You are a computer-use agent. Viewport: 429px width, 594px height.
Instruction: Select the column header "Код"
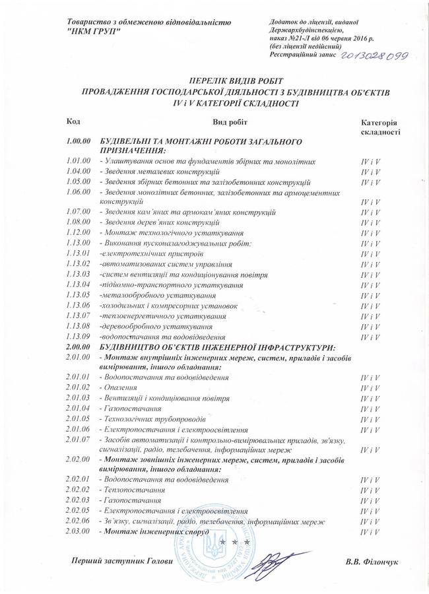click(x=74, y=122)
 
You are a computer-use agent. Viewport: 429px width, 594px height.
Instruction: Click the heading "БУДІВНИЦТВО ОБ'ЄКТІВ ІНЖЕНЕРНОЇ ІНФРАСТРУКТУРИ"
click(x=218, y=346)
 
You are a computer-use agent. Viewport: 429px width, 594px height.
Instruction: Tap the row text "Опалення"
click(x=115, y=387)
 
